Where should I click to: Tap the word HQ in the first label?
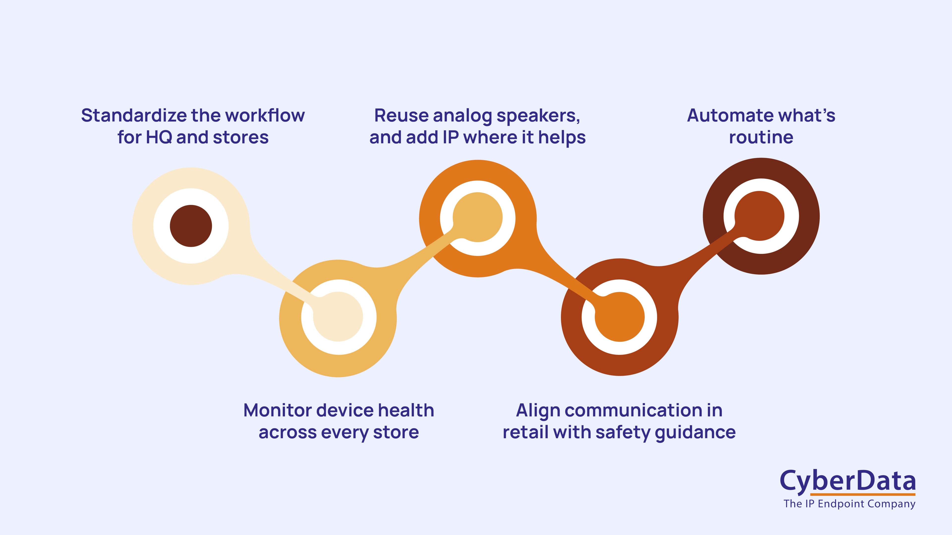click(x=159, y=137)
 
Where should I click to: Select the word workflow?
click(x=265, y=116)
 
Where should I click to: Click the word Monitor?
click(x=277, y=411)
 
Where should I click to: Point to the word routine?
click(x=761, y=137)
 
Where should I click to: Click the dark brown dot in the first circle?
click(x=191, y=226)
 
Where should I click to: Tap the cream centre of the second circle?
click(x=338, y=317)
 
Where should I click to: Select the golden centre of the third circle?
click(x=478, y=217)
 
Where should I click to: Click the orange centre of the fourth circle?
click(x=620, y=317)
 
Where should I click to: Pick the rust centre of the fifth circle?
click(x=760, y=216)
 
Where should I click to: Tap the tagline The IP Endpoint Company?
click(x=849, y=504)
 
